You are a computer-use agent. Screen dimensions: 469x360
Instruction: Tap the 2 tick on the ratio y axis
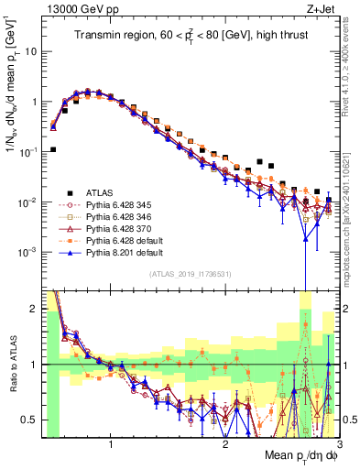click(35, 309)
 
